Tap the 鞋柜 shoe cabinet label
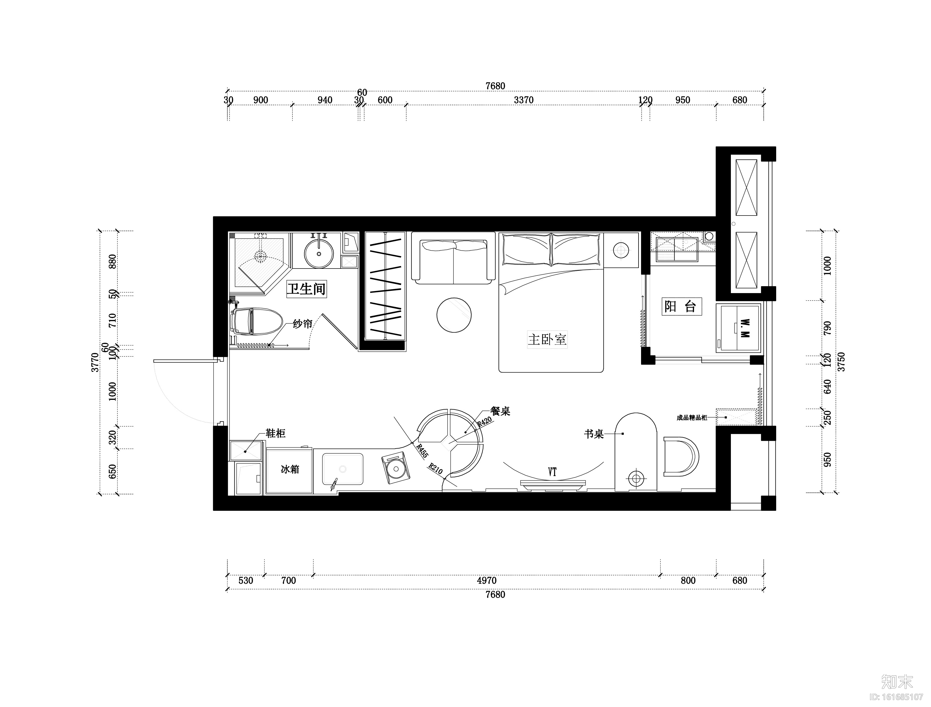pos(276,433)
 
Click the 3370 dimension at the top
pos(524,100)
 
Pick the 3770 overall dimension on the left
pos(95,362)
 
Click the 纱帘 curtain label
pos(302,324)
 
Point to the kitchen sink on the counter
pos(343,469)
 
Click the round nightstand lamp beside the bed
pos(621,250)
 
